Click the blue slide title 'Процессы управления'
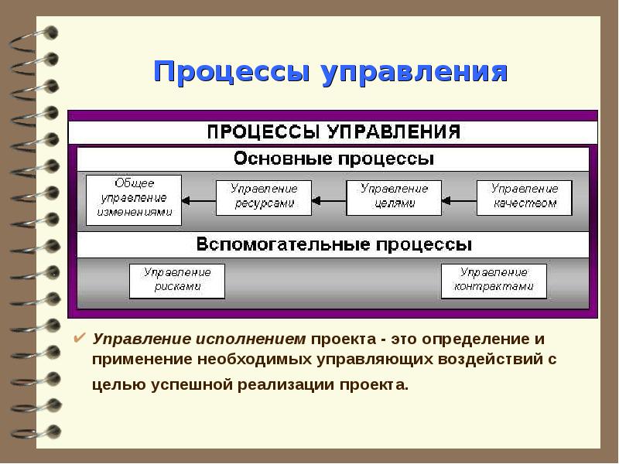tap(330, 73)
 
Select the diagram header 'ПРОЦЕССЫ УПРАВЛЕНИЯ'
tap(333, 131)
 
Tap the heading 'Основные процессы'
tap(333, 159)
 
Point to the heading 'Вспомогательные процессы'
tap(333, 244)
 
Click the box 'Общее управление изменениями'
tap(134, 200)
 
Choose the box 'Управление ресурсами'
tap(264, 198)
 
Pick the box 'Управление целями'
tap(394, 198)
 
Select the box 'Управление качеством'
tap(524, 198)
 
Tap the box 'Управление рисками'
tap(177, 281)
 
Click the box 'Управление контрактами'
tap(494, 281)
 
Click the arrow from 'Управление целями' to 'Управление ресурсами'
tap(328, 201)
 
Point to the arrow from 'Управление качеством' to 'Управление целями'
tap(458, 201)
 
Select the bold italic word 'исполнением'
tap(262, 339)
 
